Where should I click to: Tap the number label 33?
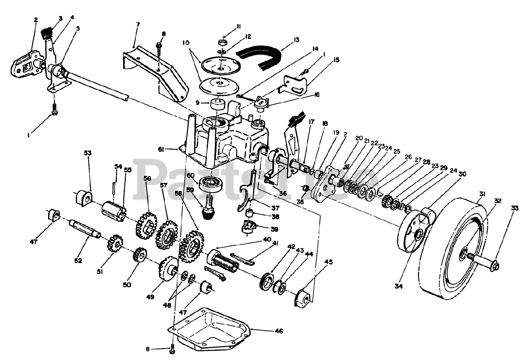515,208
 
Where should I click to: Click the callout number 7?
138,24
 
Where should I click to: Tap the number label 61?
161,150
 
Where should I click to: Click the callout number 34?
399,287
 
